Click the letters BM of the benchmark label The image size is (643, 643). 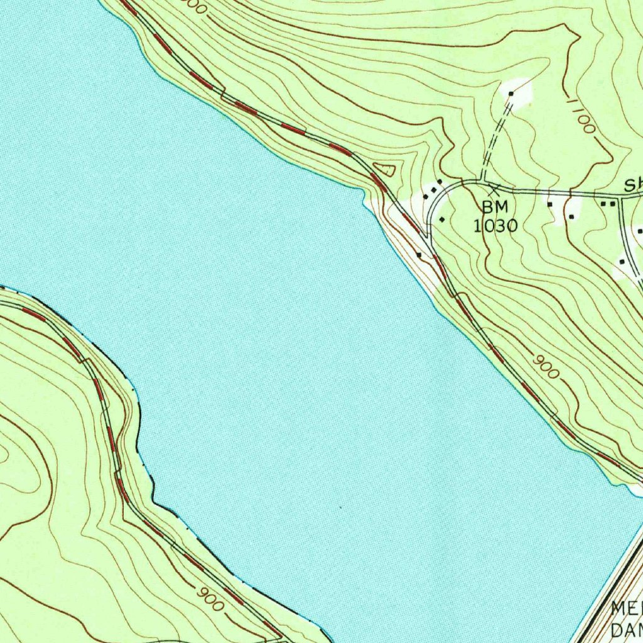(495, 207)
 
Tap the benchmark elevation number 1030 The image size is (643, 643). (495, 225)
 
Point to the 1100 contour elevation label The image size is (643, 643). (580, 115)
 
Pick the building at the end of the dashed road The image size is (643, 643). (511, 94)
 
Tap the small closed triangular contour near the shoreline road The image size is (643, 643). (385, 168)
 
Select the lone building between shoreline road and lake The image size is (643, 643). (419, 256)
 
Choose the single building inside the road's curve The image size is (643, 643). (441, 219)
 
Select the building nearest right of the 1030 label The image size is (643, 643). (550, 204)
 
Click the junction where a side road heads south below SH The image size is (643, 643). (620, 197)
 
